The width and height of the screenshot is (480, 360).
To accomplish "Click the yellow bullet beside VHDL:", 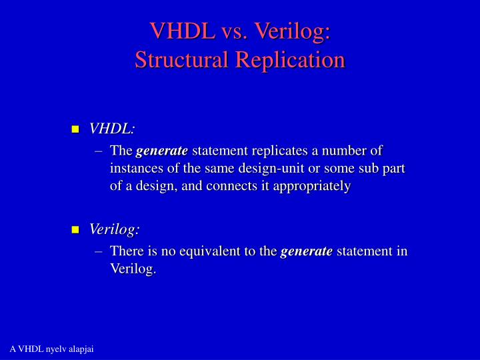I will click(75, 129).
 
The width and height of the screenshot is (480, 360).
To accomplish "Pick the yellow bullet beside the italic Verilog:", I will click(75, 230).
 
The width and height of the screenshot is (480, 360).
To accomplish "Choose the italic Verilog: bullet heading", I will click(115, 229).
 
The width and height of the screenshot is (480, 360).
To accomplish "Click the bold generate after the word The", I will click(162, 152).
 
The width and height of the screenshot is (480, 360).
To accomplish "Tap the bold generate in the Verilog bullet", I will click(306, 251).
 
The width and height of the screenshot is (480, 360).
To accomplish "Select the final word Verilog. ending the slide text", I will click(133, 269).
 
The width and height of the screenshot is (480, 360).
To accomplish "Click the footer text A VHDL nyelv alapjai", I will click(51, 350).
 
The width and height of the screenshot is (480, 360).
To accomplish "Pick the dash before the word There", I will click(99, 251).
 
